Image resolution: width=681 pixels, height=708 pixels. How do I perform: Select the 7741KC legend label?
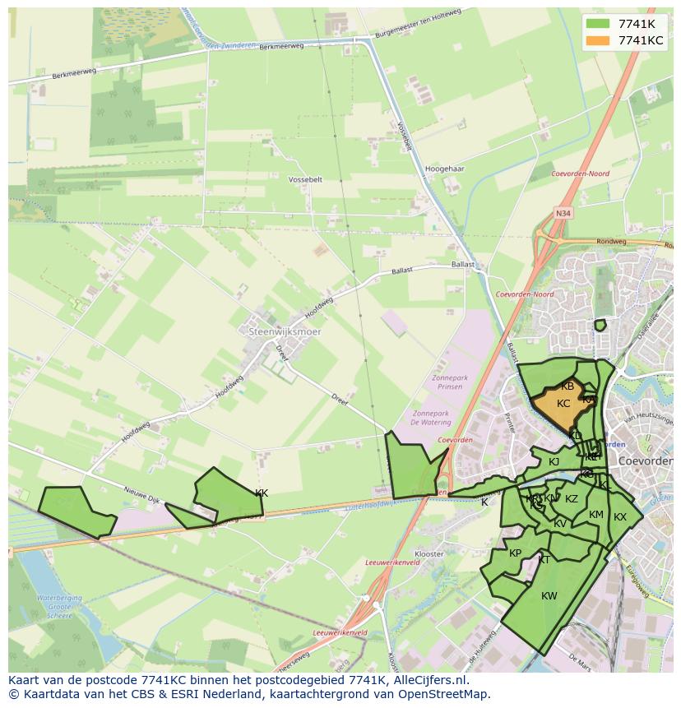tap(641, 40)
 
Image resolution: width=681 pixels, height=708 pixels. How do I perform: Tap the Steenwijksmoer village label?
tap(285, 331)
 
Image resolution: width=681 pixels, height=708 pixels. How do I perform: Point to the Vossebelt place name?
tap(306, 179)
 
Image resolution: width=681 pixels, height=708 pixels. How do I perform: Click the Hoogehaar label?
tap(446, 169)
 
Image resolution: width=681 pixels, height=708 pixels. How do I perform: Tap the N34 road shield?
tap(563, 213)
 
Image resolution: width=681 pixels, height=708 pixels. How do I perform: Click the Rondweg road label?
tap(611, 242)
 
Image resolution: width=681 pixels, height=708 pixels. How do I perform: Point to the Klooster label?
tap(429, 555)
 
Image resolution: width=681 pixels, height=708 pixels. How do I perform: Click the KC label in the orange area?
tap(563, 404)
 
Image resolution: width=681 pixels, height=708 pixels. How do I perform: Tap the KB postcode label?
tap(567, 386)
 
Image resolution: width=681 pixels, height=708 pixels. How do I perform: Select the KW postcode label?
tap(549, 596)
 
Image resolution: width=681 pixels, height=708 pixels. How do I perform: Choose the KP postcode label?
tap(516, 553)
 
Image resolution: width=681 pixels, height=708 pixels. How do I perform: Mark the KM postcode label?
tap(596, 516)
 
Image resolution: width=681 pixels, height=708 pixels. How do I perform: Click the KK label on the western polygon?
tap(262, 493)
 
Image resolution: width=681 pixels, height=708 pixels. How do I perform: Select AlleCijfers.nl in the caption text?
tap(430, 680)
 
